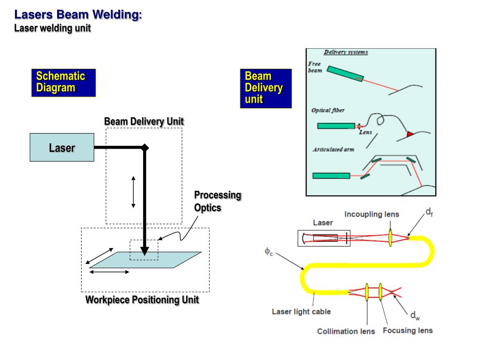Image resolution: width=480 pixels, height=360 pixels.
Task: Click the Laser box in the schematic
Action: pyautogui.click(x=62, y=148)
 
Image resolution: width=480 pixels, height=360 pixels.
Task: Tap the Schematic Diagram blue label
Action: pyautogui.click(x=63, y=82)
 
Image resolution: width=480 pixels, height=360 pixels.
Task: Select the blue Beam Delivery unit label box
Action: pyautogui.click(x=265, y=88)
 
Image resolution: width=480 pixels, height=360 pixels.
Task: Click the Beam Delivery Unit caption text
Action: pyautogui.click(x=144, y=122)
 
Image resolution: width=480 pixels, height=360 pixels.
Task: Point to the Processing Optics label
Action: pyautogui.click(x=217, y=201)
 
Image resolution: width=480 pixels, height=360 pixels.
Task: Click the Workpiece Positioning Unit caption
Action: pyautogui.click(x=142, y=300)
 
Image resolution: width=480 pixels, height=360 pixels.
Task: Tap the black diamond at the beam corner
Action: pyautogui.click(x=145, y=148)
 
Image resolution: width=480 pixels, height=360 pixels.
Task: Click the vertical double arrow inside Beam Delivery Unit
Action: pyautogui.click(x=133, y=192)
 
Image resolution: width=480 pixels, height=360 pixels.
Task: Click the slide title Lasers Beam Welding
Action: pyautogui.click(x=78, y=15)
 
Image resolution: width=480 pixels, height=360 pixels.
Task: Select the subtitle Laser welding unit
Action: pyautogui.click(x=52, y=28)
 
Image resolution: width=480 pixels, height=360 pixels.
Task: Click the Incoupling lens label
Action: pyautogui.click(x=372, y=214)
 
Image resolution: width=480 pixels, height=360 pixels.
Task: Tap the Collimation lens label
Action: pyautogui.click(x=346, y=331)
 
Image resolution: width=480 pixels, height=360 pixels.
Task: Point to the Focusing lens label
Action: pyautogui.click(x=407, y=330)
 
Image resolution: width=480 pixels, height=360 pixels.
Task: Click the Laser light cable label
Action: pyautogui.click(x=301, y=312)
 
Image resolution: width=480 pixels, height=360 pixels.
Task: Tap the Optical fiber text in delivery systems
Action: pyautogui.click(x=328, y=110)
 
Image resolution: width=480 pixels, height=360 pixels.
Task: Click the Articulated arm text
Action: pyautogui.click(x=333, y=150)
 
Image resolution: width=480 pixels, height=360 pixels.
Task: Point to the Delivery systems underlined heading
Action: pyautogui.click(x=345, y=52)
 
